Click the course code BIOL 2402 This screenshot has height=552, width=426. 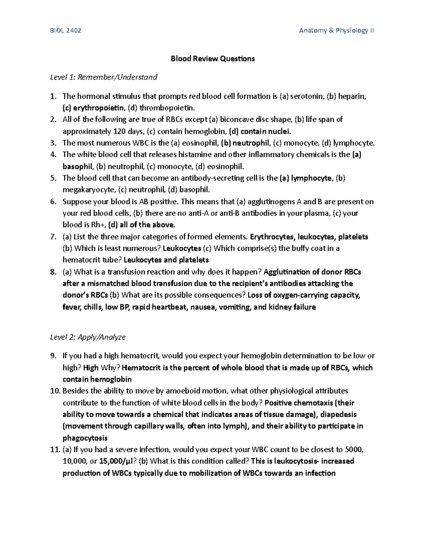pos(66,31)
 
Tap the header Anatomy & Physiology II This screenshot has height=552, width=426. pos(336,31)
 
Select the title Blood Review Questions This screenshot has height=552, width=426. pos(213,59)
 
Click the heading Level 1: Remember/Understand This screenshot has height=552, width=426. pos(104,77)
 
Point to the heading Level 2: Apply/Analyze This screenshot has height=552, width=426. pos(88,337)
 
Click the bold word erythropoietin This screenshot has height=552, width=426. pos(98,108)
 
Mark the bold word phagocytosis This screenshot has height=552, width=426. pos(85,438)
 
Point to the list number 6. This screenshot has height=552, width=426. pos(53,202)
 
